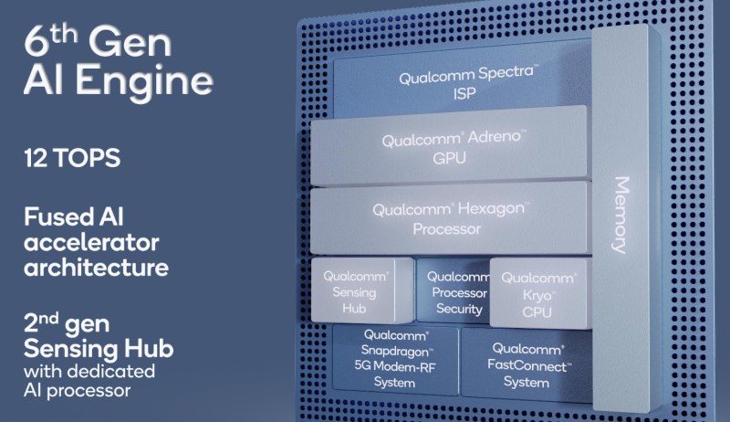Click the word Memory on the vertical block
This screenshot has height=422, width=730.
click(x=621, y=215)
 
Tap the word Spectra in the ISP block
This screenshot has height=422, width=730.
click(x=506, y=73)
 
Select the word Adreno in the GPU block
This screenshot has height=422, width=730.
click(x=494, y=137)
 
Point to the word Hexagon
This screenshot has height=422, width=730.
click(x=491, y=208)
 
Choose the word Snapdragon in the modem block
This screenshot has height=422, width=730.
click(x=395, y=351)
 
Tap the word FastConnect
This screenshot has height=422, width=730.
click(x=527, y=365)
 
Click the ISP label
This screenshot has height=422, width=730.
click(x=464, y=94)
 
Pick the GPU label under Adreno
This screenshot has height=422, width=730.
click(x=449, y=158)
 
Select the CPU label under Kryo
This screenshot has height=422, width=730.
click(x=537, y=312)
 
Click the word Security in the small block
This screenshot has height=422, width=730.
click(x=459, y=310)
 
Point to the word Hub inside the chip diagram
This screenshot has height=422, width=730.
click(x=354, y=309)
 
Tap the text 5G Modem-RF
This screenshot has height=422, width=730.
click(x=395, y=366)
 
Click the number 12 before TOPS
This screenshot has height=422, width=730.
click(x=36, y=158)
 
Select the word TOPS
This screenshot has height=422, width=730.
click(x=87, y=158)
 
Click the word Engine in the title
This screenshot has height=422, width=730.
click(x=144, y=82)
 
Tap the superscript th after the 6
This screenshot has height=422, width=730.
click(x=64, y=34)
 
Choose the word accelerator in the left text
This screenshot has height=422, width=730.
click(x=91, y=243)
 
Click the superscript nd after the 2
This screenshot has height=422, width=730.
click(x=48, y=318)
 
